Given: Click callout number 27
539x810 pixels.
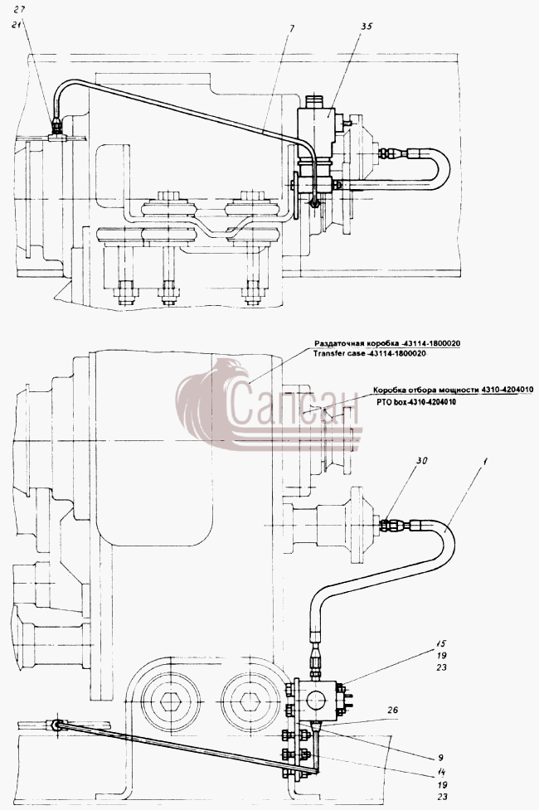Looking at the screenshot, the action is tap(19, 9).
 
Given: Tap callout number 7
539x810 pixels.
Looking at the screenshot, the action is tap(292, 29).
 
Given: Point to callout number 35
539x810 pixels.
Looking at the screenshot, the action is tap(366, 27).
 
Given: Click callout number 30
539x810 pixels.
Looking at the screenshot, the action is tap(422, 461).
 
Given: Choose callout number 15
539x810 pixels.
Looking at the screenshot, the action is tap(440, 644).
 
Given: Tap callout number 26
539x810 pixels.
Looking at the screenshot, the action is tap(392, 710).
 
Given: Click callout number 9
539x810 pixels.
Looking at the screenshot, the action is tap(441, 758).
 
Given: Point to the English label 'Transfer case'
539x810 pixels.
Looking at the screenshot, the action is tap(333, 354).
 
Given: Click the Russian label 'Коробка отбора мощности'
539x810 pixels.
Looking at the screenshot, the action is tap(426, 390).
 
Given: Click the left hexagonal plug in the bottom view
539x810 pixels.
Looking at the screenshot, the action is tap(171, 701).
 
